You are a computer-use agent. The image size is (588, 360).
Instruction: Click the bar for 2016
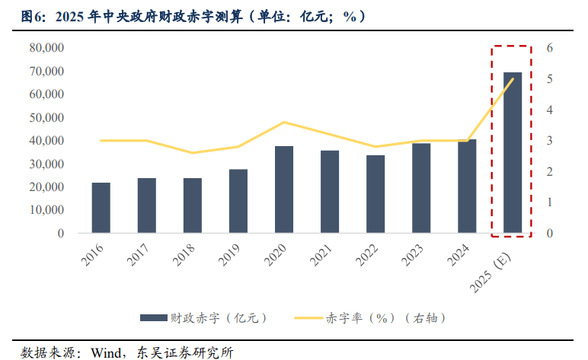(x=101, y=208)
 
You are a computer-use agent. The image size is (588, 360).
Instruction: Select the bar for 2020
(x=283, y=190)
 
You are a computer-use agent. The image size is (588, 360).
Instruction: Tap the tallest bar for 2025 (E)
(x=513, y=152)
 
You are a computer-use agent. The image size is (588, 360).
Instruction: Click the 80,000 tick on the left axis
(x=46, y=48)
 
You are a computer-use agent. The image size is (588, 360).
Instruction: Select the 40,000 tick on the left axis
(x=46, y=141)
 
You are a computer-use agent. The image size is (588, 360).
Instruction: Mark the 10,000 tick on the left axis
(x=46, y=210)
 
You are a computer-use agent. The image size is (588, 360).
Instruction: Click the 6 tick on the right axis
(x=550, y=48)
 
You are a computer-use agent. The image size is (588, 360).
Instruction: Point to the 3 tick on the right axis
(x=550, y=141)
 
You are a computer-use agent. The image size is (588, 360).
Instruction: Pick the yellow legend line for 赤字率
(x=307, y=317)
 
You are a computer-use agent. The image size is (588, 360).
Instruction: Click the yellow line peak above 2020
(x=283, y=122)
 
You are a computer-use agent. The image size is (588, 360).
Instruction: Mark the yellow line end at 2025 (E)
(x=513, y=79)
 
